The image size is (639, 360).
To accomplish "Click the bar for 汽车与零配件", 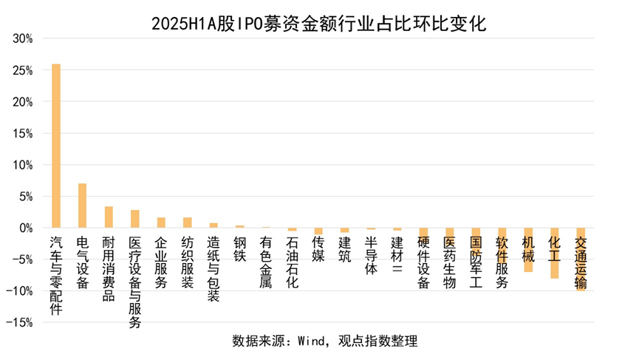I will coord(56,146).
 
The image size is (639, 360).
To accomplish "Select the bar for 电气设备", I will coord(82,206).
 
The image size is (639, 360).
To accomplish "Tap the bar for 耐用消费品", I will coord(109,217).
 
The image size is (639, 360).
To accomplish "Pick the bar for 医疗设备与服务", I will coord(135,219).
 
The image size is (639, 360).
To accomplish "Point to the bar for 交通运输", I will coord(581,259).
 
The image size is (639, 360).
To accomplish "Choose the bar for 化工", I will coord(554,253).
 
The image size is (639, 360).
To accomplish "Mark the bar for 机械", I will coord(528,250).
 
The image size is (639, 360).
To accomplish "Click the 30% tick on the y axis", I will coord(23,39).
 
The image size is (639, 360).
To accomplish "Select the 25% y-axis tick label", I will coord(23,71).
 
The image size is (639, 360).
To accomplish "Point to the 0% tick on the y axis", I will coord(26,228).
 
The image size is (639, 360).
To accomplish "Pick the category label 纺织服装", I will coord(187,262).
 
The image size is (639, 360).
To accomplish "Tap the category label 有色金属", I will coord(266,262).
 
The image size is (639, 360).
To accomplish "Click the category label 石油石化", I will coord(293,262).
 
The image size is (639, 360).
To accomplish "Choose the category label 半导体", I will coord(371,256).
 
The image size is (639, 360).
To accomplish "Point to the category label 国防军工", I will coord(476,262).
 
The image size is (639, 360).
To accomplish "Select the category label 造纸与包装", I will coord(213,269).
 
